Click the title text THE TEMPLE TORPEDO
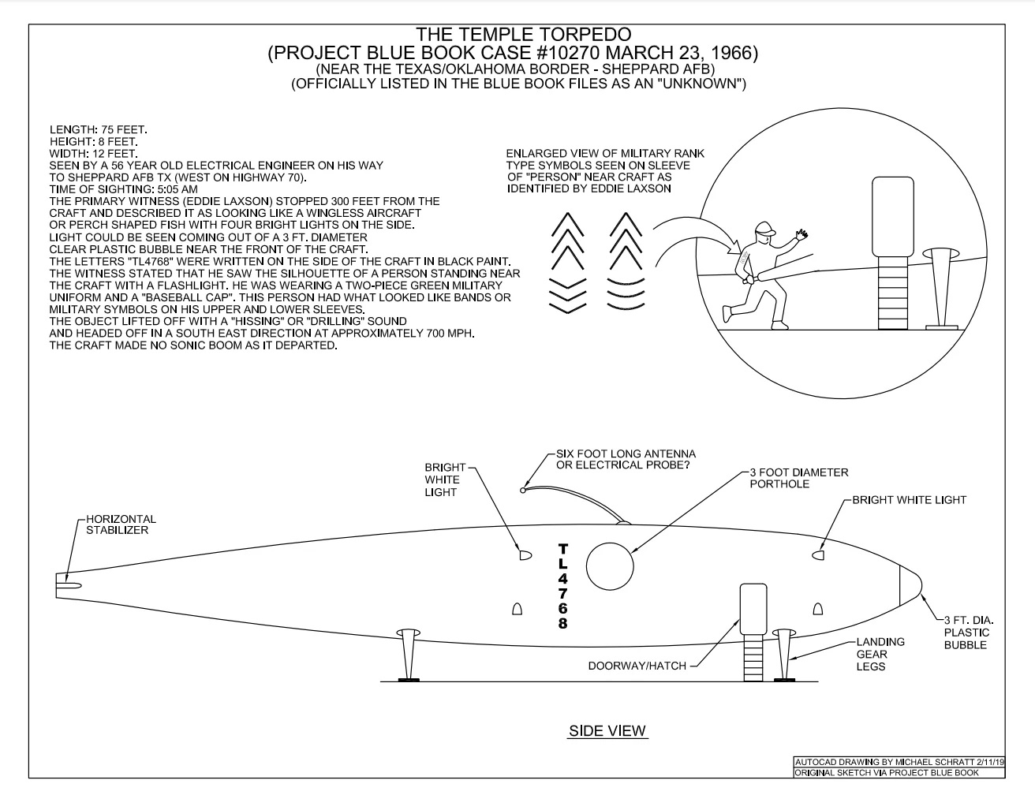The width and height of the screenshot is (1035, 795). click(523, 35)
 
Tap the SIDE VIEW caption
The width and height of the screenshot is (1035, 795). click(607, 731)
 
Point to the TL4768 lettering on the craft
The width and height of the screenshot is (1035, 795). click(562, 586)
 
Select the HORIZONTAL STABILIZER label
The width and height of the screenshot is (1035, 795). click(121, 524)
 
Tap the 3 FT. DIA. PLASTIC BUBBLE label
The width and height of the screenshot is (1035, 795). click(966, 633)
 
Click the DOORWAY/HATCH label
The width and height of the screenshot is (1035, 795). click(637, 666)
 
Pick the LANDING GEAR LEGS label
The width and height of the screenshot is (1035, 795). click(880, 655)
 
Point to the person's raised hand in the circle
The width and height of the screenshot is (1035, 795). click(802, 235)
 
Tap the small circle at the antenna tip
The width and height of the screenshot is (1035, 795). click(522, 491)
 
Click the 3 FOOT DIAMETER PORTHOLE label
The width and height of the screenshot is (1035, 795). click(798, 478)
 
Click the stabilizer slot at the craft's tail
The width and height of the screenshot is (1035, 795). click(69, 584)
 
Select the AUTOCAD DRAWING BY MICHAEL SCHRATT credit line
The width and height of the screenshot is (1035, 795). click(899, 763)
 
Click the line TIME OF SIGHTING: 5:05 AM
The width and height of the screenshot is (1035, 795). click(123, 189)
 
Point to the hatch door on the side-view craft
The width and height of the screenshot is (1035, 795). click(753, 609)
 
